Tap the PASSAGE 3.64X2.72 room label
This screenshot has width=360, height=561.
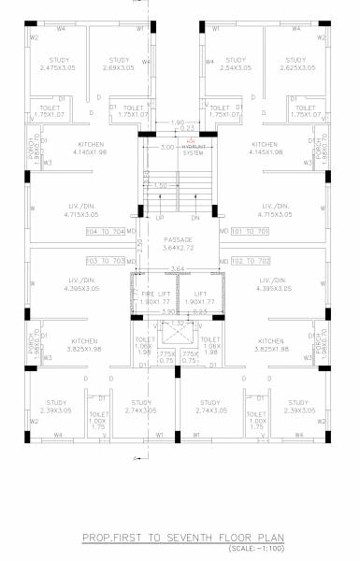177,244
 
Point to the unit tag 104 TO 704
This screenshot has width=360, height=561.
105,230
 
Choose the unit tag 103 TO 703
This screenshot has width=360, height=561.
105,261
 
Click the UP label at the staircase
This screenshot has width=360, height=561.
159,218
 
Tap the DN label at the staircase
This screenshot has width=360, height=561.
195,218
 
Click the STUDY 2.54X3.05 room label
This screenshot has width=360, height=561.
236,65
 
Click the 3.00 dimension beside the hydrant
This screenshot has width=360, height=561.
167,147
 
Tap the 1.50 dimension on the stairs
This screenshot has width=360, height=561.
161,186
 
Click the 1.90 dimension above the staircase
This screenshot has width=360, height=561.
179,122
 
